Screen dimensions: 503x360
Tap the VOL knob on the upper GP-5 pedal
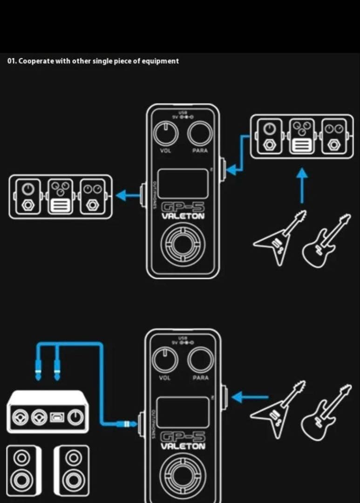[x=166, y=134]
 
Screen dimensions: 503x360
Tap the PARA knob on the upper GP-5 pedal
[x=200, y=134]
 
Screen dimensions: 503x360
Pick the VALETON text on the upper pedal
[x=183, y=217]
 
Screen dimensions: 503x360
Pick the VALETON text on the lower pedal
[x=183, y=447]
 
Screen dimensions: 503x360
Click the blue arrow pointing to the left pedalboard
[x=128, y=195]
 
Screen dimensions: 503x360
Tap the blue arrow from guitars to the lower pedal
[x=250, y=397]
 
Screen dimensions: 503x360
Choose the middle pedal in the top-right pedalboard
[x=301, y=136]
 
